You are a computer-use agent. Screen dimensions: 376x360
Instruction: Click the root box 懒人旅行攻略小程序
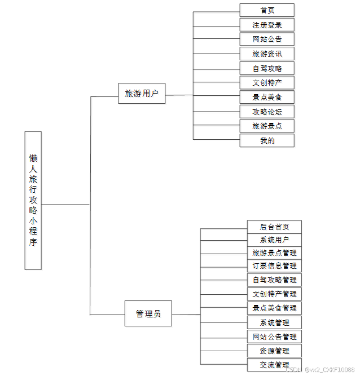33,200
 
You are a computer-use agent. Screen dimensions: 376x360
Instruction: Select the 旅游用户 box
142,94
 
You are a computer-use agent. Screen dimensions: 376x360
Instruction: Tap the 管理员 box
148,313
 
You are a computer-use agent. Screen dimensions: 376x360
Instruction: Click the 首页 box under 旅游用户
267,10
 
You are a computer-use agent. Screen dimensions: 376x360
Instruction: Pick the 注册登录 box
267,25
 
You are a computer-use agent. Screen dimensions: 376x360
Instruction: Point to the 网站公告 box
267,39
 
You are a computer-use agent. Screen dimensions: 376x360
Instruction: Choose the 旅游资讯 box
267,54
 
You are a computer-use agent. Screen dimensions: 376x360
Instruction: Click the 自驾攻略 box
267,68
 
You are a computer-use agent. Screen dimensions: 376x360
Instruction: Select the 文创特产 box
267,82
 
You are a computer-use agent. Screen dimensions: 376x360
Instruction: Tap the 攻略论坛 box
267,112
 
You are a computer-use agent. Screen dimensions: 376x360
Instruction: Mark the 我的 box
267,140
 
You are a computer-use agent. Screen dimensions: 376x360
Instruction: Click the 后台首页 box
274,227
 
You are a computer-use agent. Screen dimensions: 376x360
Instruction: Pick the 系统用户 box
274,240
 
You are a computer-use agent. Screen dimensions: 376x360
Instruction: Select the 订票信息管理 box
274,266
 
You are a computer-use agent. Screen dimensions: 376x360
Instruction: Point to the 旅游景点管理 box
274,253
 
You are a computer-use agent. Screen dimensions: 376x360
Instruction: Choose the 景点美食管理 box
274,308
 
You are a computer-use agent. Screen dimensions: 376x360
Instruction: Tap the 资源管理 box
274,351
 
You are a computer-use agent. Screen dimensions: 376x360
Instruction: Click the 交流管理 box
274,365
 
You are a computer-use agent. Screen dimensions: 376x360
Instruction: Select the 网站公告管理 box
274,337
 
